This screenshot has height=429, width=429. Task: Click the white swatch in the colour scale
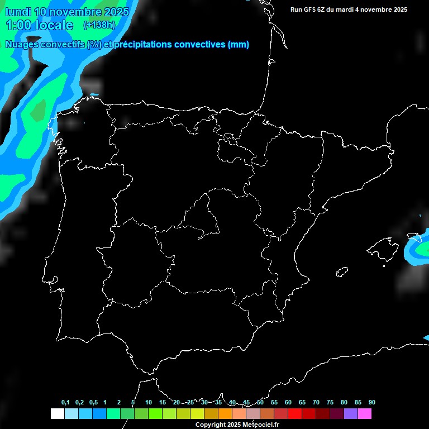coord(57,414)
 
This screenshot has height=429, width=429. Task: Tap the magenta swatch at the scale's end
coord(365,414)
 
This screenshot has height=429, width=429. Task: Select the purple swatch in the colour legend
coord(351,414)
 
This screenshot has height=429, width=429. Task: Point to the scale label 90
coord(372,402)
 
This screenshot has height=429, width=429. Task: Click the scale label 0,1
coord(65,402)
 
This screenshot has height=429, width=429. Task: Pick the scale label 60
coord(288,402)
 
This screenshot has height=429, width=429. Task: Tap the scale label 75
coord(330,402)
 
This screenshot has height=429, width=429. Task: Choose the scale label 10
coord(149,402)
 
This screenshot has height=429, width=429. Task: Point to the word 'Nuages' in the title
coord(22,45)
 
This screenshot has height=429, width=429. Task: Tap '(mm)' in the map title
coord(239,45)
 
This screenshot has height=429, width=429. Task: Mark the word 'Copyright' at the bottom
coord(211,425)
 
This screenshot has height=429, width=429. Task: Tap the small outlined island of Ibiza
coord(342,272)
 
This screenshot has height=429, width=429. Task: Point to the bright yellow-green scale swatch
coord(197,414)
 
